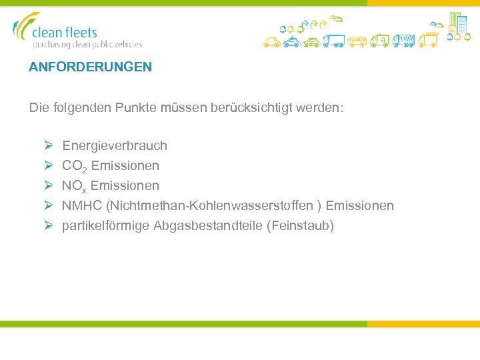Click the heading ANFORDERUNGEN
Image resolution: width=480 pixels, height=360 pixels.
90,67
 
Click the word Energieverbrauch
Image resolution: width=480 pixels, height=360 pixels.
115,145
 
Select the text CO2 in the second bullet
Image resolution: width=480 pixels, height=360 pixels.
74,166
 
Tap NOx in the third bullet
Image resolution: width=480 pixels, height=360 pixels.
74,186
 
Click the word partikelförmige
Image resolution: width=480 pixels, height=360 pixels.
105,225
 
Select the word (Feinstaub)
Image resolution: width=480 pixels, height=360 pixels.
300,225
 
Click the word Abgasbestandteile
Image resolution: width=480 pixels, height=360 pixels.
208,225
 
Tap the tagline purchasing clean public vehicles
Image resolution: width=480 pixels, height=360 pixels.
87,45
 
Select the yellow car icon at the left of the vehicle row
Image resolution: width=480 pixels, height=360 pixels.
271,42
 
